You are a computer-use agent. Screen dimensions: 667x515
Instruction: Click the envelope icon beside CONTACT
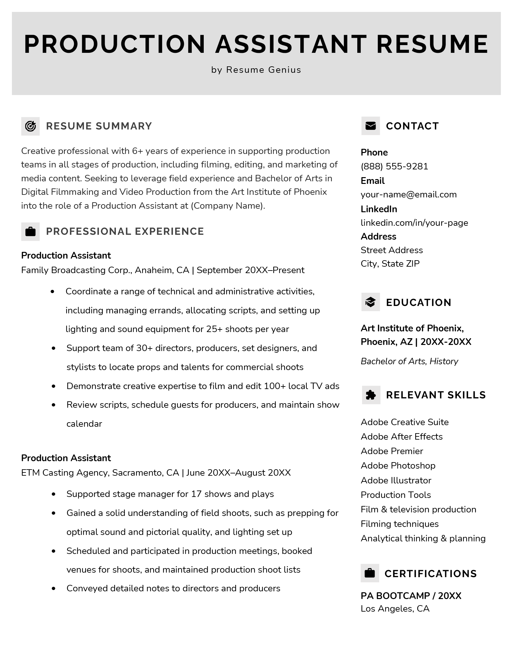(370, 126)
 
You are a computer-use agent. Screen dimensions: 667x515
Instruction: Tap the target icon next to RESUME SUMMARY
(30, 126)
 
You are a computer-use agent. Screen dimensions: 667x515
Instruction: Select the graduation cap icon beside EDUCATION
(370, 302)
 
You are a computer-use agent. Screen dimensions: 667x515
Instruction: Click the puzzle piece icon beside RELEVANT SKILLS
(371, 395)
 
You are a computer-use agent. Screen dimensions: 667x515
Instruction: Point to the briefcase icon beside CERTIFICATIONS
(370, 573)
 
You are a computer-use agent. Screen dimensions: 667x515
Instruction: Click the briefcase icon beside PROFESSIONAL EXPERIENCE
(30, 231)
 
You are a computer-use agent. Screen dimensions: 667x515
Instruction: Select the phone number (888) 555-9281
(394, 166)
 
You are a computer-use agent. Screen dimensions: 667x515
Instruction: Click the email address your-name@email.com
(408, 195)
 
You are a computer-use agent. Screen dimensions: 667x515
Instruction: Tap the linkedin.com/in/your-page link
(414, 223)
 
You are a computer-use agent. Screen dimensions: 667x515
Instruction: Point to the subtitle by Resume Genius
(256, 70)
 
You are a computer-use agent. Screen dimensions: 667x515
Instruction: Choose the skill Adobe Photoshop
(398, 465)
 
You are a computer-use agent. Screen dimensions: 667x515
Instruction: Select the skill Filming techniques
(399, 524)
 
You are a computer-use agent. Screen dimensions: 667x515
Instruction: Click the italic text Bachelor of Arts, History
(409, 361)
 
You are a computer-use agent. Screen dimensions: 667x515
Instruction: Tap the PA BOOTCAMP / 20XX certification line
(411, 596)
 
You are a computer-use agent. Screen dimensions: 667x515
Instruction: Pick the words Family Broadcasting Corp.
(77, 270)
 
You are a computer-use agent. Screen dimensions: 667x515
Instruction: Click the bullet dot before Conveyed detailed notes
(53, 588)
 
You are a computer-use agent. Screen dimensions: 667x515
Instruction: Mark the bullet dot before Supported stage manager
(53, 494)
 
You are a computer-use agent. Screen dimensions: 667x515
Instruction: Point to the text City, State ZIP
(390, 263)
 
